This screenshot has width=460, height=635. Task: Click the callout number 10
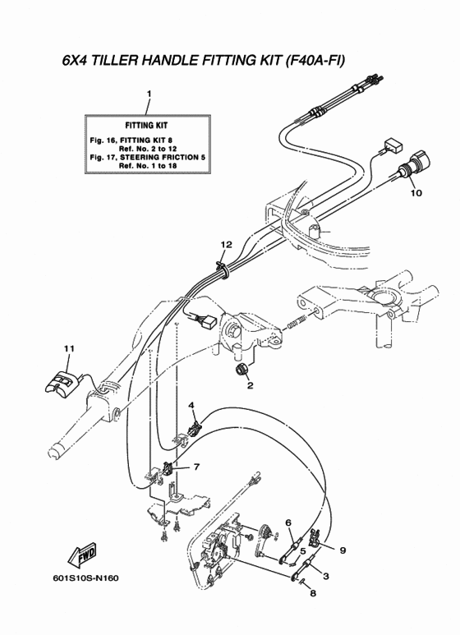[416, 193]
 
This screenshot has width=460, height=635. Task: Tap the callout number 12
[227, 245]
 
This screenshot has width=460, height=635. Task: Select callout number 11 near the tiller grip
[69, 348]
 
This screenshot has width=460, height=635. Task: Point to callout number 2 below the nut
[251, 385]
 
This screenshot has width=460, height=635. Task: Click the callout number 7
[197, 467]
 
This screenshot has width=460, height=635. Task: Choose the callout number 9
[343, 550]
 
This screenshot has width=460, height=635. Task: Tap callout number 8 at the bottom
[313, 594]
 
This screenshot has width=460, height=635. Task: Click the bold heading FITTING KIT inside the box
[146, 126]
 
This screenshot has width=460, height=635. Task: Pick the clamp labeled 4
[195, 430]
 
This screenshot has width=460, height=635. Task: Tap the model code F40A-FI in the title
[315, 61]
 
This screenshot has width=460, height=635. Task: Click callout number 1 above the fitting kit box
[149, 94]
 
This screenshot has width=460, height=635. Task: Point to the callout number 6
[288, 522]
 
